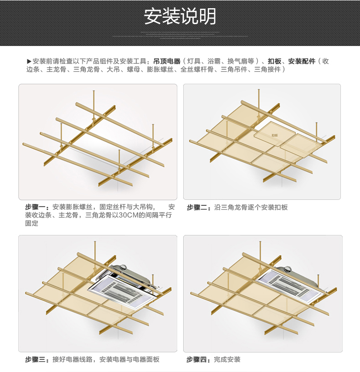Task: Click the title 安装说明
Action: (180, 17)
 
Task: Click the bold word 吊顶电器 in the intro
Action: (167, 61)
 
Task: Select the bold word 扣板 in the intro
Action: (274, 61)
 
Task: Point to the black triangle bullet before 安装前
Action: (29, 61)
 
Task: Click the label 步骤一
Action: (36, 207)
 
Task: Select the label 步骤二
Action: (198, 207)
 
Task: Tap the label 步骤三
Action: (36, 359)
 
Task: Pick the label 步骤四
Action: (198, 359)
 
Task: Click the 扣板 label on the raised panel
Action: (274, 135)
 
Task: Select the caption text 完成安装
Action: (227, 359)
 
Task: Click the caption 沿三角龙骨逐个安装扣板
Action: (251, 207)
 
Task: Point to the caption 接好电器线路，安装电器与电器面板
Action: (106, 359)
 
